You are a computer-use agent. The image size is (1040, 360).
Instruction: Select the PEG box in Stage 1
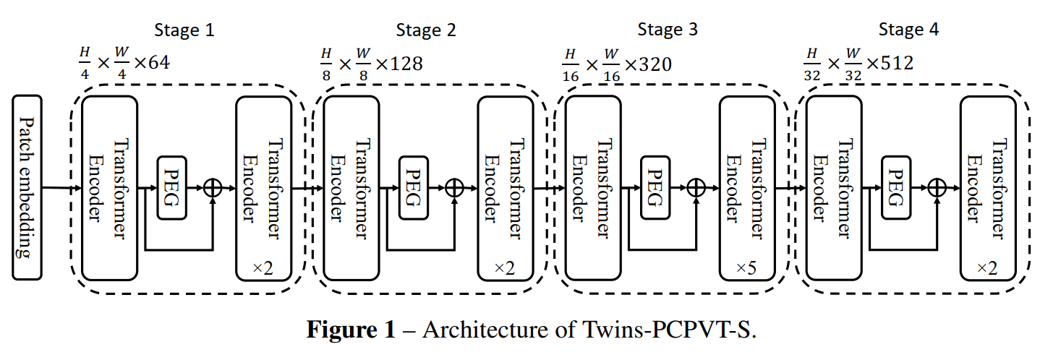pos(171,187)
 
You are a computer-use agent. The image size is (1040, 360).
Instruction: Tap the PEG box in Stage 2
pos(413,187)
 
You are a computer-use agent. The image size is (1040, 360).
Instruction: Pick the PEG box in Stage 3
pos(655,187)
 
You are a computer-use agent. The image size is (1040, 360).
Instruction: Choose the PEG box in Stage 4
pos(895,187)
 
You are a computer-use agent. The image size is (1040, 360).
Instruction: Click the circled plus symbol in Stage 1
pos(213,187)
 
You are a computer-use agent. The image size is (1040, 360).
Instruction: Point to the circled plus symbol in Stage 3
pos(695,187)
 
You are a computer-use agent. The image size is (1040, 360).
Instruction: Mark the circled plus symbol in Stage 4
pos(937,187)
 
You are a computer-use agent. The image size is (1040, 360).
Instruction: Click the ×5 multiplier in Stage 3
pos(746,268)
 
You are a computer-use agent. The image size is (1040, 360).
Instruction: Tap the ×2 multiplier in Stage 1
pos(263,268)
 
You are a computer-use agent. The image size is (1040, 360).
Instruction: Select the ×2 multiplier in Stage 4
pos(987,268)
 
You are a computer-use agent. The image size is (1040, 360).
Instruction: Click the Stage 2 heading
pos(426,30)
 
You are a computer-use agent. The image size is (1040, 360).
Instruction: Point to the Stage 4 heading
pos(908,30)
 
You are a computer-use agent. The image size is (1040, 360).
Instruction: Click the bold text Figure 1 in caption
pos(351,330)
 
